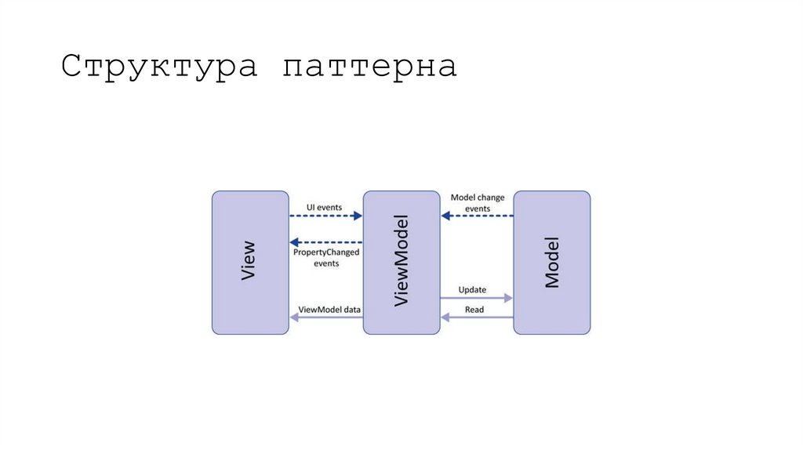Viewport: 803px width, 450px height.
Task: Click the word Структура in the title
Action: (x=160, y=67)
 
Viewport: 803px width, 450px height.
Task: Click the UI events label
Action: (x=324, y=207)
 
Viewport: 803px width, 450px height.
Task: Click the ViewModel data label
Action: (x=329, y=310)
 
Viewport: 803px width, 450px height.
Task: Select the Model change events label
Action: (x=478, y=203)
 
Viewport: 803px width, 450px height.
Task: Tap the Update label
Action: (x=472, y=290)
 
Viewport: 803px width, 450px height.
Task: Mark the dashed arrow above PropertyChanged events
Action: (x=325, y=242)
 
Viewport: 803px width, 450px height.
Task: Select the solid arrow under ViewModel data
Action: (x=325, y=318)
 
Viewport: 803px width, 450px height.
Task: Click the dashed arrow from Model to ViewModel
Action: (x=477, y=216)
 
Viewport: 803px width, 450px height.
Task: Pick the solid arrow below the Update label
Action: (x=474, y=299)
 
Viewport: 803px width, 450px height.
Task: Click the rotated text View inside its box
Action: (x=249, y=263)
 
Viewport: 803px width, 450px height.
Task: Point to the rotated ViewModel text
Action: (x=401, y=262)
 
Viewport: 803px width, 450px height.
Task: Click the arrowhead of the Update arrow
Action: (x=508, y=299)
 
